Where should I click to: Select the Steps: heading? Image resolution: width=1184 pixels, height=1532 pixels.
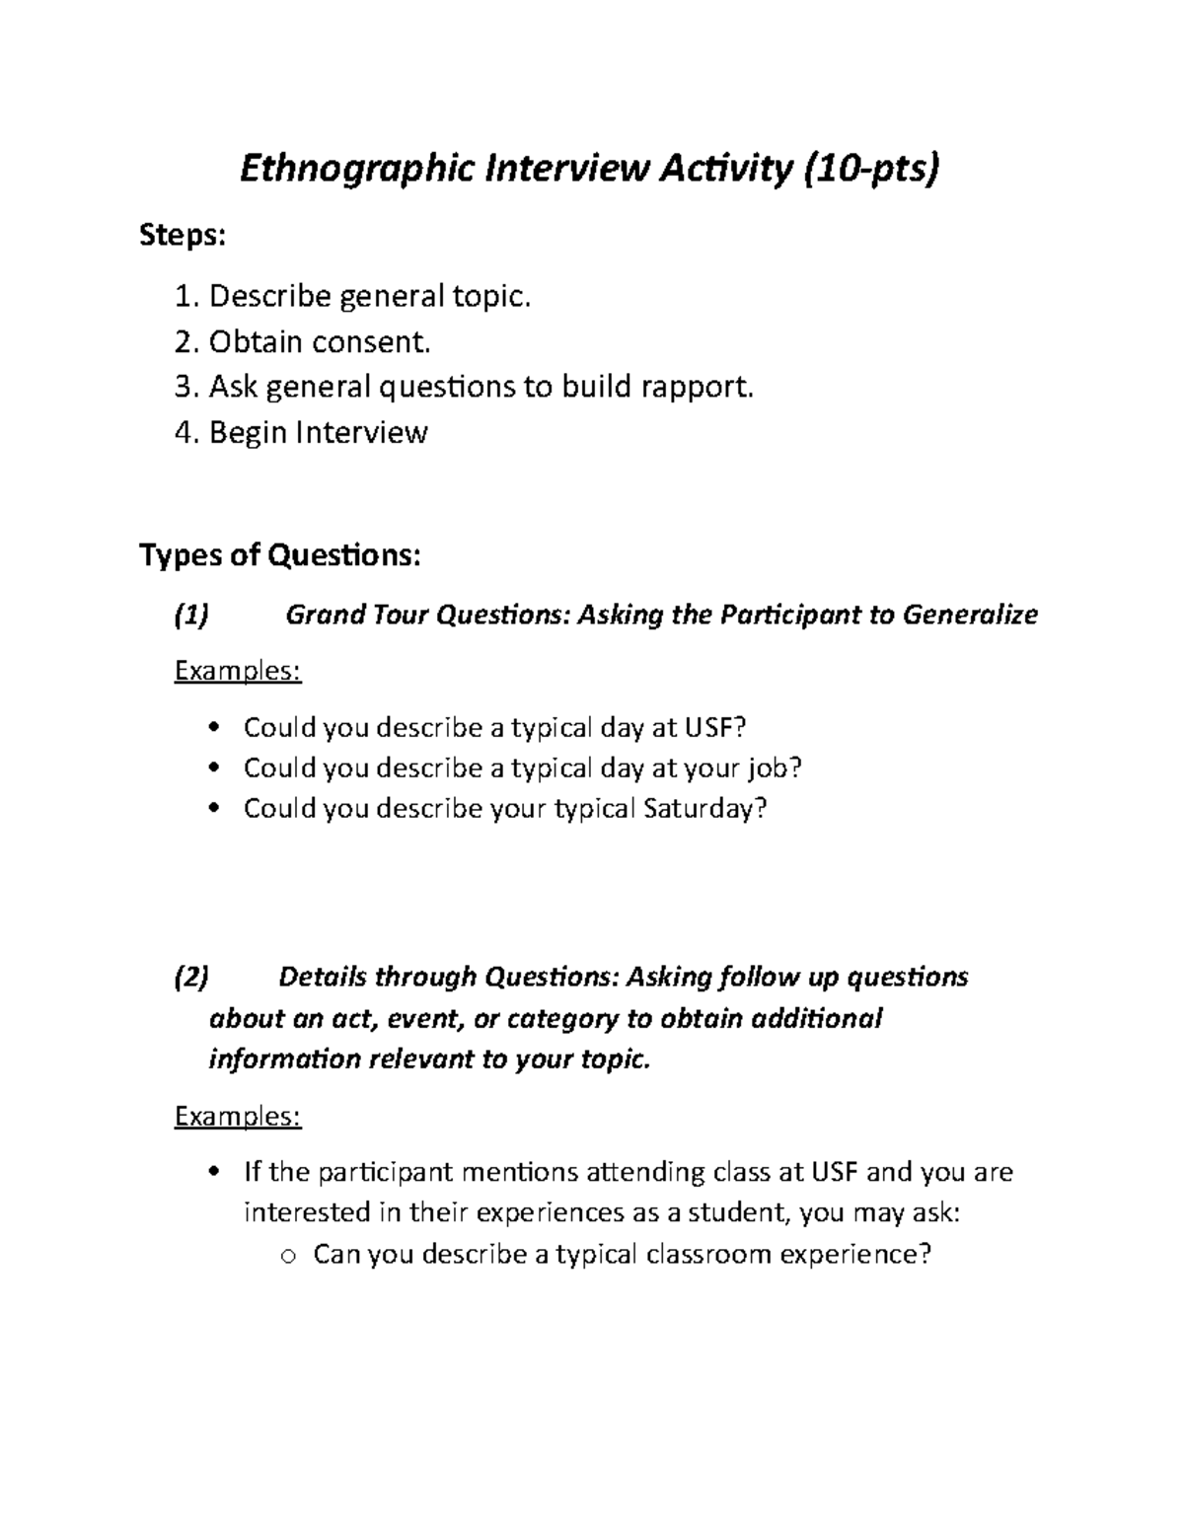click(x=183, y=237)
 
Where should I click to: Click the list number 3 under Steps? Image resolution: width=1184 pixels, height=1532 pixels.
click(x=185, y=387)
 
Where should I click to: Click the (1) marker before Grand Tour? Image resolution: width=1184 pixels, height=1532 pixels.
click(x=191, y=616)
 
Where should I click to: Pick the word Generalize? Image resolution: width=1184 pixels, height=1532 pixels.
click(x=971, y=616)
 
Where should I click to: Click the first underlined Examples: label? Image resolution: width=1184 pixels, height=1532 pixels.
click(x=238, y=672)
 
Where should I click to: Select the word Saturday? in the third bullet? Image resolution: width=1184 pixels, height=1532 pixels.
click(x=704, y=809)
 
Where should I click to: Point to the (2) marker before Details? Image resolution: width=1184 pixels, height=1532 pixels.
click(x=191, y=978)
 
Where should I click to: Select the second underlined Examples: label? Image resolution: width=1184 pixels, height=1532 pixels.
click(x=238, y=1117)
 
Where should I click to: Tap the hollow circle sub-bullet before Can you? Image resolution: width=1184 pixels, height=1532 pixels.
click(x=287, y=1256)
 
